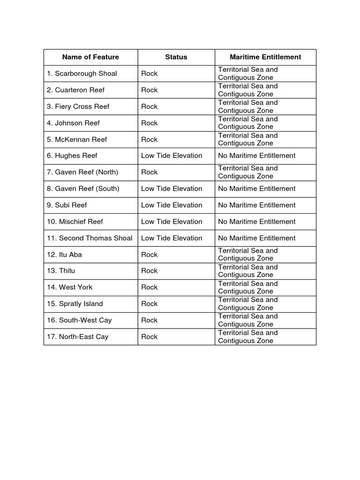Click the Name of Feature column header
coord(90,57)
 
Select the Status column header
coord(176,57)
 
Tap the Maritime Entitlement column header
coord(265,57)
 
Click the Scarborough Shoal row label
coord(82,74)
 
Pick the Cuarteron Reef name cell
coord(75,90)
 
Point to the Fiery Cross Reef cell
coord(78,106)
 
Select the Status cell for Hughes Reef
coord(172,156)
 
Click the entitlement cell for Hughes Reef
coord(257,156)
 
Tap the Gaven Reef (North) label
coord(82,172)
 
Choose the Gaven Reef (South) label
coord(83,188)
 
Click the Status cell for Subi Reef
coord(172,205)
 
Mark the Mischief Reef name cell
coord(75,221)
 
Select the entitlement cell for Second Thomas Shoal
coord(257,238)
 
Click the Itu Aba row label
coord(65,255)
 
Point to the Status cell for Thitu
coord(150,271)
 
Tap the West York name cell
coord(70,287)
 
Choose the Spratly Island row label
coord(75,304)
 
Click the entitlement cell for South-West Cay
coord(248,320)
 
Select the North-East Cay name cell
coord(78,337)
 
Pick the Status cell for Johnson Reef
coord(150,123)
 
